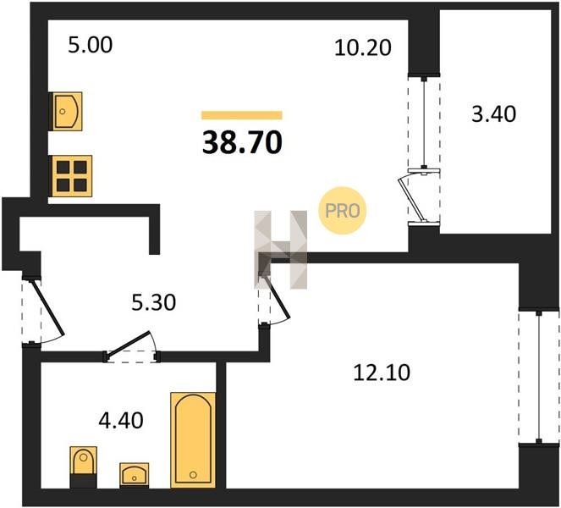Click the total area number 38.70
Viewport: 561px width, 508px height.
click(x=242, y=142)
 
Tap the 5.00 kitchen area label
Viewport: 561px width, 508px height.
click(x=91, y=46)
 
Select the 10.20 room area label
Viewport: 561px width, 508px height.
click(x=363, y=47)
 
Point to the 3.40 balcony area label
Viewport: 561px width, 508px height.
click(x=494, y=114)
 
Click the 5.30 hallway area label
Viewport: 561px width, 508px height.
click(x=154, y=302)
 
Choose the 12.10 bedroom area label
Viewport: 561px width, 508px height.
click(x=382, y=373)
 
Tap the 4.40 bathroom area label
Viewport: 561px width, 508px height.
click(x=121, y=420)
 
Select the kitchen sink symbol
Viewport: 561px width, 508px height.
click(x=67, y=112)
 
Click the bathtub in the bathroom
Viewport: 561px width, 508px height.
click(x=193, y=440)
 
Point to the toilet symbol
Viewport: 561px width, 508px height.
click(x=84, y=467)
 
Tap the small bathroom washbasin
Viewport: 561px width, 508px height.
click(x=135, y=475)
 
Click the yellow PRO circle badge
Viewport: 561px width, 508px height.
click(x=343, y=211)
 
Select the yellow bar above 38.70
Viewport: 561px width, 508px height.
click(x=242, y=115)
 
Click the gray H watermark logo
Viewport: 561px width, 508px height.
click(x=281, y=250)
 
